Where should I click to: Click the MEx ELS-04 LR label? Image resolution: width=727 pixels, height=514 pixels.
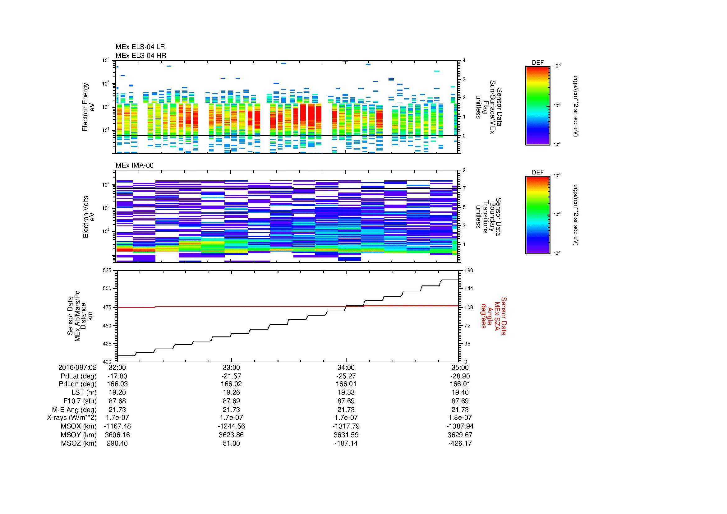click(140, 47)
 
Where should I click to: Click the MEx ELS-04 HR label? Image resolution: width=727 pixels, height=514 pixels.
click(141, 55)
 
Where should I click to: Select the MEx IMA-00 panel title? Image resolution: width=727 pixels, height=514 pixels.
click(135, 165)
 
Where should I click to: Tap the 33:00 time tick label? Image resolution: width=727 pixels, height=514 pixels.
click(232, 368)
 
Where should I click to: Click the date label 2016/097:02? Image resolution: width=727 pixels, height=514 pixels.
click(77, 368)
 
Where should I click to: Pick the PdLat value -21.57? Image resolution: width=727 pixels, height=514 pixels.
click(232, 376)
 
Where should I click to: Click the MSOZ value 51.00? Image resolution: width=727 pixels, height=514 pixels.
click(232, 443)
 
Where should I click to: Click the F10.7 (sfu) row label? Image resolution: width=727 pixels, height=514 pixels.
click(80, 401)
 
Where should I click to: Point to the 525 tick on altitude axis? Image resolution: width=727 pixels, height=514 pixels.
click(107, 271)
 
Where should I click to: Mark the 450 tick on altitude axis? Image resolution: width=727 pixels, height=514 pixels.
click(107, 326)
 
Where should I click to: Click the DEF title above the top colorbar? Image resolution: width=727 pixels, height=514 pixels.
click(538, 63)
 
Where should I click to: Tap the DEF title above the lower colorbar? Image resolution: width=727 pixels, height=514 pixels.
click(538, 172)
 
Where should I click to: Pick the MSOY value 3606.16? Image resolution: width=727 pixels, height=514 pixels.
click(117, 435)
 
